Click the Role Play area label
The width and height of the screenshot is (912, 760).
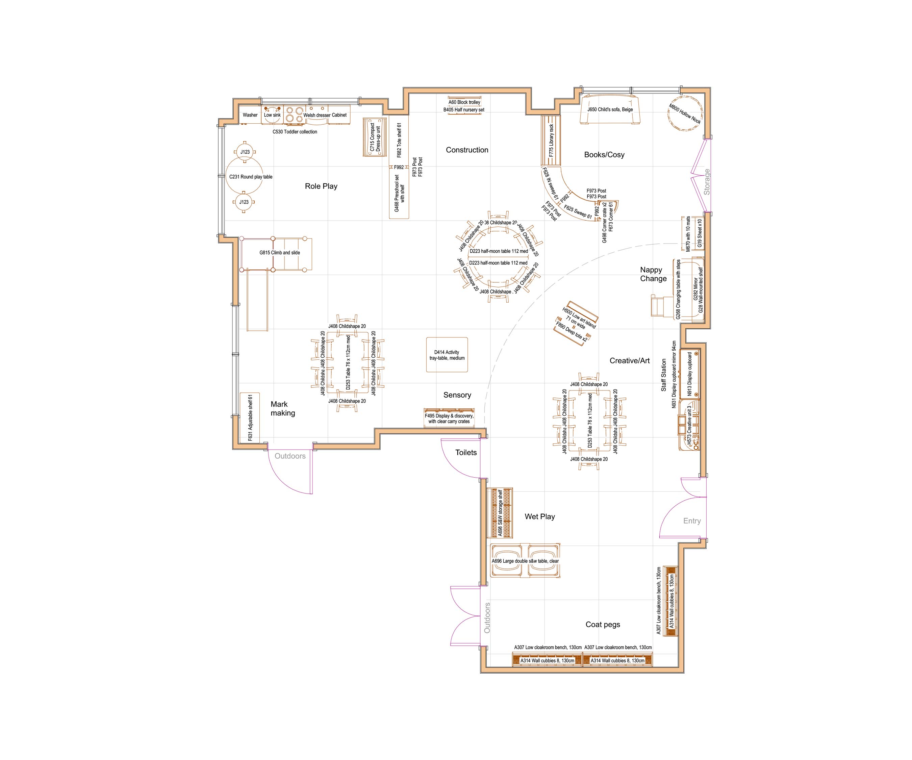click(x=321, y=186)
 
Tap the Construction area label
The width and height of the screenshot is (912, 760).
click(x=467, y=150)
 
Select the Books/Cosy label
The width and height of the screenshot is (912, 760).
click(x=604, y=155)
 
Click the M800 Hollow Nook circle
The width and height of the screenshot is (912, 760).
click(x=684, y=114)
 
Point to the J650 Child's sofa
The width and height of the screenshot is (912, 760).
click(x=610, y=110)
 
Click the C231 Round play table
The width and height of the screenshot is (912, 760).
click(x=245, y=177)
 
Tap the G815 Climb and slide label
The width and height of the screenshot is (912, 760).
click(x=280, y=252)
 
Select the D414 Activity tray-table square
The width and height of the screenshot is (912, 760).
click(x=447, y=355)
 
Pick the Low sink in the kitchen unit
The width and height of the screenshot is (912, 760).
click(x=272, y=115)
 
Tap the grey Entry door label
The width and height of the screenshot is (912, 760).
click(x=692, y=521)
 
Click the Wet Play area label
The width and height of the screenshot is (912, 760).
click(x=539, y=517)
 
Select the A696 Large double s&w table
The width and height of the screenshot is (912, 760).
click(x=525, y=561)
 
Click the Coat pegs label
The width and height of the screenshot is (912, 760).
click(x=603, y=625)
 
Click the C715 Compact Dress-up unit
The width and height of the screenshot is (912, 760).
click(x=374, y=137)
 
